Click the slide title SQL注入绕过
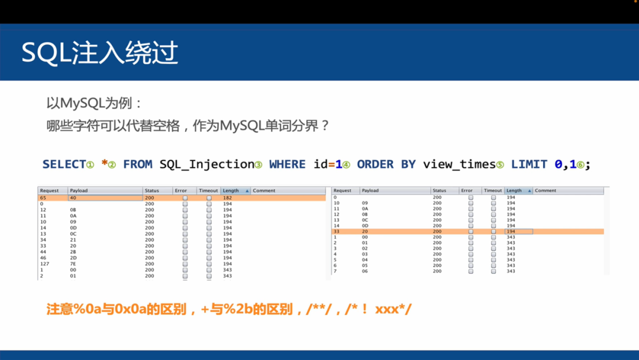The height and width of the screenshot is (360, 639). [99, 53]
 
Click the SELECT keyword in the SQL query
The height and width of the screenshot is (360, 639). [64, 164]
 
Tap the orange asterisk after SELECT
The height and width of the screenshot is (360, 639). [105, 163]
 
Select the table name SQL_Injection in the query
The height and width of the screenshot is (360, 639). [208, 164]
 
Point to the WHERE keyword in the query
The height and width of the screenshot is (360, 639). [287, 164]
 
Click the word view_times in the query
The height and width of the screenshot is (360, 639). [459, 164]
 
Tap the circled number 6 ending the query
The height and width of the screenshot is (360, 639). [580, 165]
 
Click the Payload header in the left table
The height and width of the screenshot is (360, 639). [78, 191]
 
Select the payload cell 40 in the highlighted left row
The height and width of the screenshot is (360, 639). [73, 198]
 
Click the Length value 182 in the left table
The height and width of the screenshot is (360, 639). [228, 198]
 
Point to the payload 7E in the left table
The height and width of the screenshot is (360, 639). [73, 264]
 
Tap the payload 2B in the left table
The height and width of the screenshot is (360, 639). [73, 252]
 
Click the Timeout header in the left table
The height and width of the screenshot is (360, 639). [208, 191]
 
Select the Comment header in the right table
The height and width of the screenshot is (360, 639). [545, 191]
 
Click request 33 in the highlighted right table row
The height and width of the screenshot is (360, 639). [335, 232]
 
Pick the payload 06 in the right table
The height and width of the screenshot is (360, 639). [365, 271]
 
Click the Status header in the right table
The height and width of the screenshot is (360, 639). [439, 191]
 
